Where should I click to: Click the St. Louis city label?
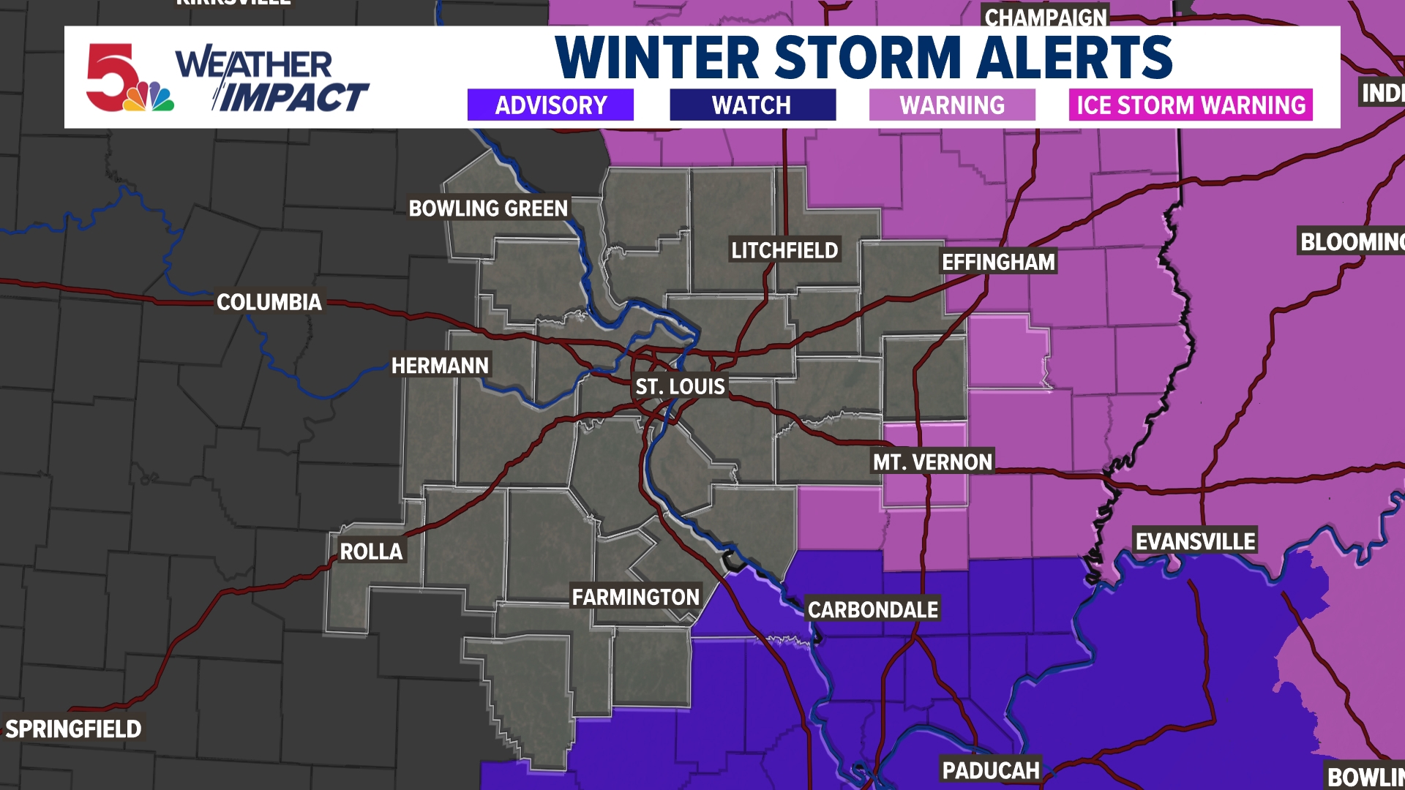click(680, 386)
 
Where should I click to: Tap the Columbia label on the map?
click(269, 302)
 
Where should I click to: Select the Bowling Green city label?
click(488, 208)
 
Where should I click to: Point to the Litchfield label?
click(784, 250)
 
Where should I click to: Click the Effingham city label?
click(998, 262)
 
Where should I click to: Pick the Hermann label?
click(440, 366)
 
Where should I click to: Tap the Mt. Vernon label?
click(932, 462)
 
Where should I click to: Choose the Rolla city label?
click(371, 552)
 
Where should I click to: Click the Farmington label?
click(636, 598)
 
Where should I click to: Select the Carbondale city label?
click(873, 609)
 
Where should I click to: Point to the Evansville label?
click(1195, 541)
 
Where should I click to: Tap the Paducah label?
click(990, 770)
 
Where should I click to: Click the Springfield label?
click(73, 729)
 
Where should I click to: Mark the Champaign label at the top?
click(1046, 17)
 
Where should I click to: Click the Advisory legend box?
click(550, 105)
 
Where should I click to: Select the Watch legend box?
click(752, 105)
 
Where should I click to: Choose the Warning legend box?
click(952, 105)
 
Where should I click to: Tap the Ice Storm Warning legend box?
click(1191, 105)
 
